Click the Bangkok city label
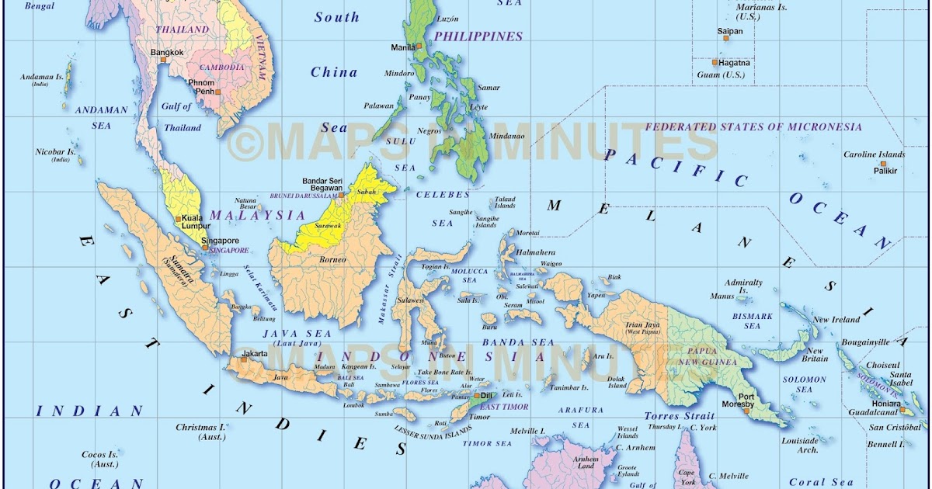point(167,53)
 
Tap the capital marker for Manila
point(419,47)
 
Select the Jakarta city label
point(255,354)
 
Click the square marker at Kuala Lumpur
point(179,219)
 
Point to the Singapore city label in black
point(220,241)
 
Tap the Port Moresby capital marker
point(746,409)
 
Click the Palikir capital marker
point(883,164)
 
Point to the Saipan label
point(730,32)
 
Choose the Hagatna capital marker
point(715,62)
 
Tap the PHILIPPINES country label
point(478,36)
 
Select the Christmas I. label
point(200,427)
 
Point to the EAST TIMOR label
point(504,406)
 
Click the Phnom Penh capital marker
point(218,92)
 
